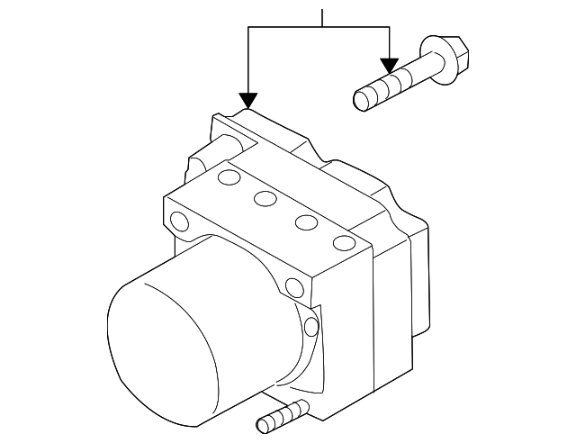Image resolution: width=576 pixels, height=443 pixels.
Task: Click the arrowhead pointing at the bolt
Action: coord(389,65)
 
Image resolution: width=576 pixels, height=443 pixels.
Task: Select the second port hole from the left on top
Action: coord(265,199)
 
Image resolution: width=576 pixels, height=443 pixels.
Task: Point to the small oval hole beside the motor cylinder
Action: coord(311,326)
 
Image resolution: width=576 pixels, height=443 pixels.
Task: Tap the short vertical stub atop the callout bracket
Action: coord(321,16)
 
